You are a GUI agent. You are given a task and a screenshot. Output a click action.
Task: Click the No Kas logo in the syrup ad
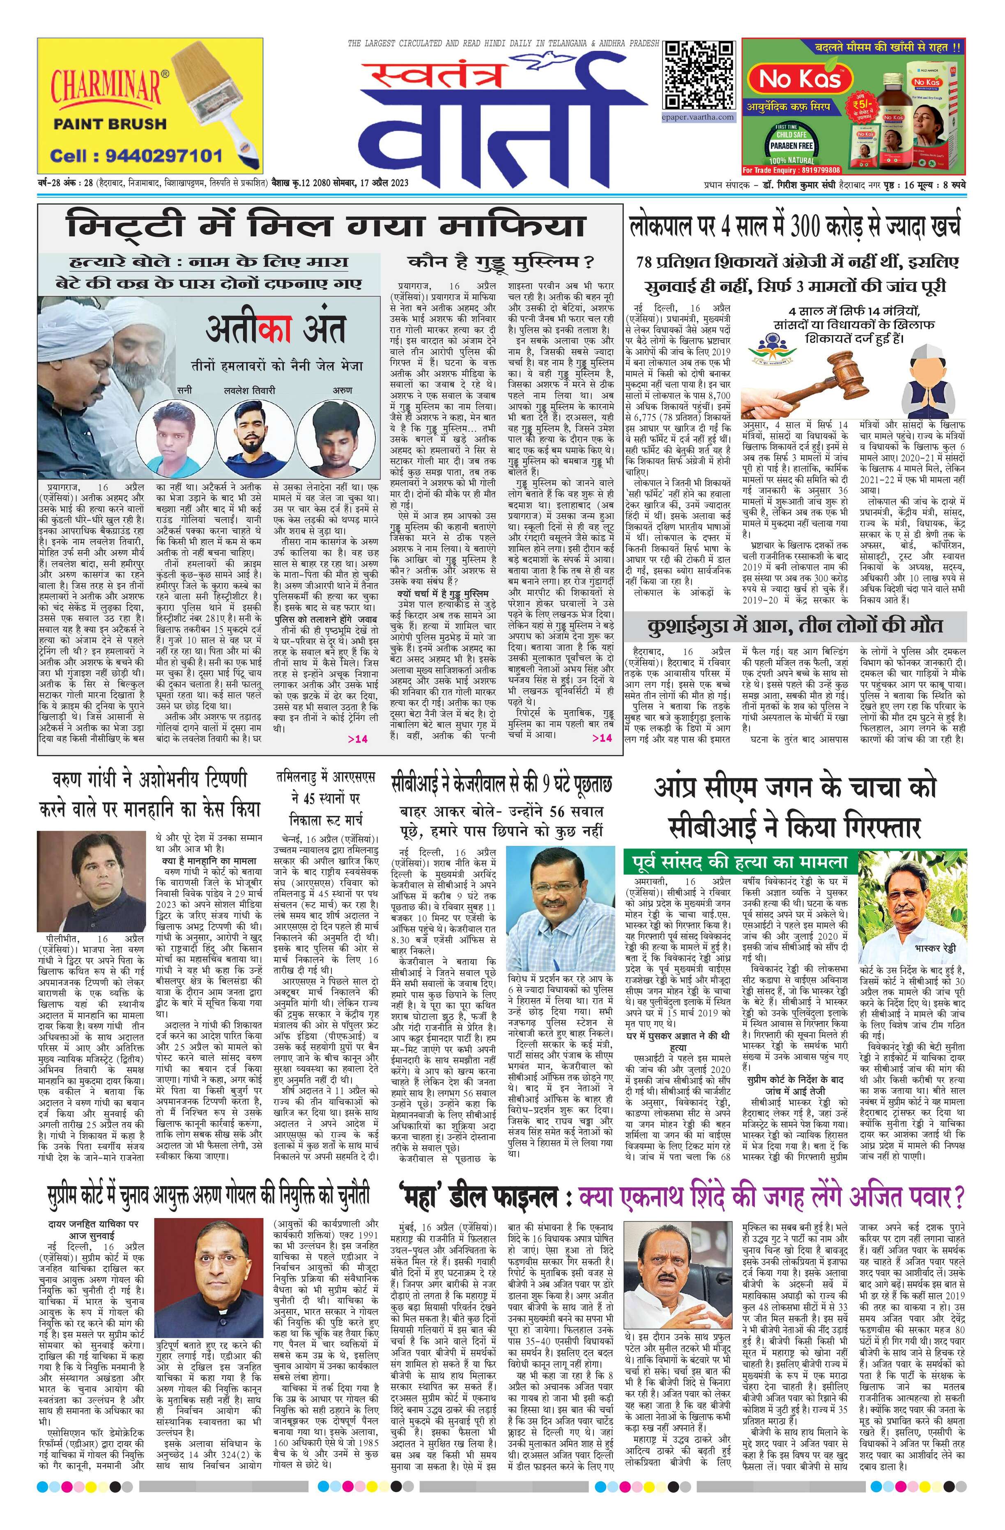pos(791,79)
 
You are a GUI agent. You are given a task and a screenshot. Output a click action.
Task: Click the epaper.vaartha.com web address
pos(699,118)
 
